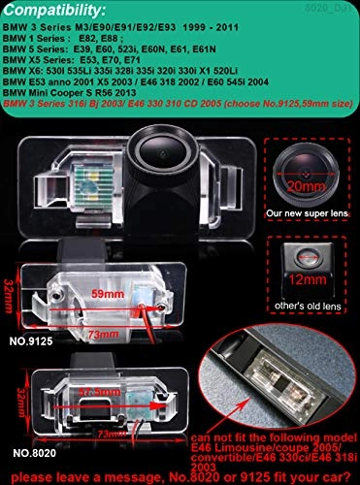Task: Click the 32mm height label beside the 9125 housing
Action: pos(9,288)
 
